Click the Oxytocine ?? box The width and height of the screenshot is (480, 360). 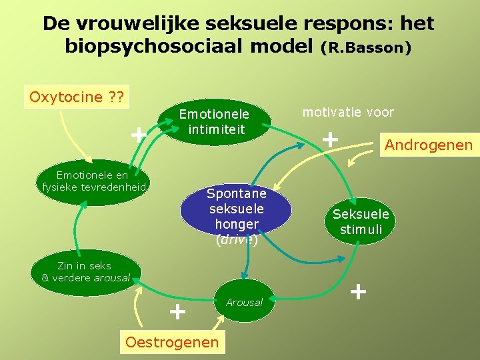pos(76,97)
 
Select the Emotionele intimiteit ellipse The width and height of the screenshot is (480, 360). pos(214,121)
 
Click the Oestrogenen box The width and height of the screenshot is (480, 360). pos(172,342)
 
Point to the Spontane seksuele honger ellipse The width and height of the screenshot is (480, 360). pos(236,209)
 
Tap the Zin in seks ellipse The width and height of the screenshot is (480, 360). pos(85,272)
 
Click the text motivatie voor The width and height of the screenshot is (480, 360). pos(348,112)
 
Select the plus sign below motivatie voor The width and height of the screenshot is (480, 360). pos(329,139)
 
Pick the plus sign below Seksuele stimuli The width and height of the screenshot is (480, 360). pos(358,291)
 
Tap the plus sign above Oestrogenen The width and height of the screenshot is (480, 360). pos(177,311)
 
